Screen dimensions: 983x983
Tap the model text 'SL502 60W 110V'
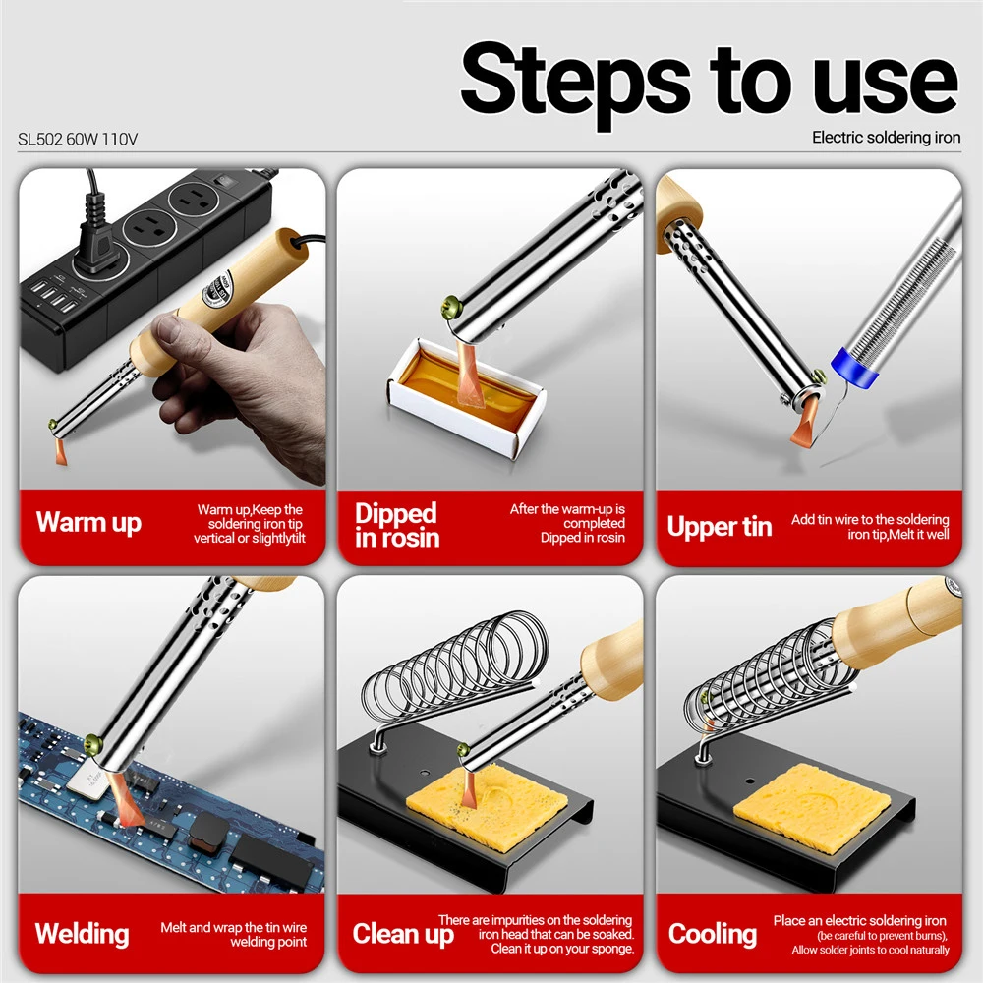(x=77, y=140)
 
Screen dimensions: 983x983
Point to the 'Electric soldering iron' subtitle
(x=886, y=138)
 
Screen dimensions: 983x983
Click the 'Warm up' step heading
(x=88, y=522)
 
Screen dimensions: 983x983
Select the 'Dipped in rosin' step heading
(x=397, y=525)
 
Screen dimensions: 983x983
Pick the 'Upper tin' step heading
(x=720, y=527)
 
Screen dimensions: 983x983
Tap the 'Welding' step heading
(x=83, y=934)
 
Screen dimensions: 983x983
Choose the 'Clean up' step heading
(x=403, y=934)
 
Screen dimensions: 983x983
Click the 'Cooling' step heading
(x=712, y=934)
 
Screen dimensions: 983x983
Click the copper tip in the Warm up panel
(x=60, y=451)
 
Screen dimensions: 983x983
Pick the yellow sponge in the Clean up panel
(x=488, y=807)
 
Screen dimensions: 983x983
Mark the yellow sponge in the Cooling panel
(x=812, y=809)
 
